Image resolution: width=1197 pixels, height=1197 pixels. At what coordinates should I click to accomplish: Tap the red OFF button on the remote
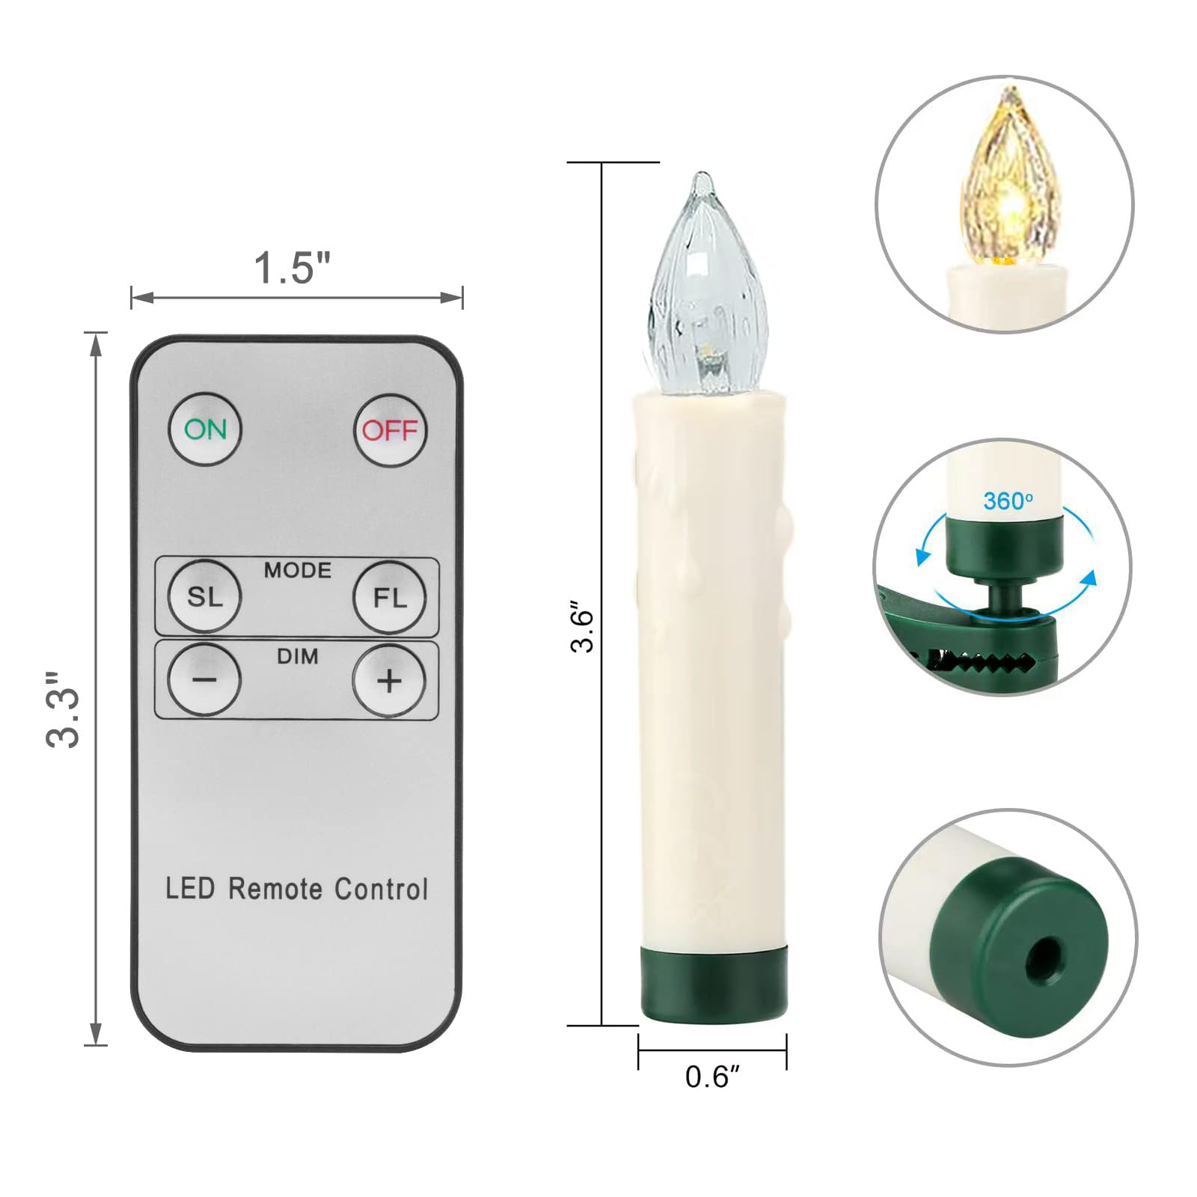click(x=390, y=430)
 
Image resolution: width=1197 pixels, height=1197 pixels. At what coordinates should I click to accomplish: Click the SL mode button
click(x=204, y=597)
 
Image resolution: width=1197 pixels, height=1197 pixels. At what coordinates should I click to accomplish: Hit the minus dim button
click(x=204, y=680)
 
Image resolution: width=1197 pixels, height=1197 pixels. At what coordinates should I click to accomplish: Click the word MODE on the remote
click(x=297, y=571)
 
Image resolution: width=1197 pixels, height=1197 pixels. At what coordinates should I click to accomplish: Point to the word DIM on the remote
click(x=297, y=657)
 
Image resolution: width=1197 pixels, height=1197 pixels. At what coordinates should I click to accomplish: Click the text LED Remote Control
click(x=296, y=889)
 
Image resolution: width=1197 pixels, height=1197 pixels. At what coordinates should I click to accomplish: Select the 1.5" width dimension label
click(x=292, y=268)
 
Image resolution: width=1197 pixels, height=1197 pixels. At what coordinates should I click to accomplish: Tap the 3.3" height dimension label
click(x=63, y=709)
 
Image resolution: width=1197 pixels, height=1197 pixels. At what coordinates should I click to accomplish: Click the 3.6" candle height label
click(x=582, y=627)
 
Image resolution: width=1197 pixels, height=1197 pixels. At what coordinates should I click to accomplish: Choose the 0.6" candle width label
click(x=711, y=1077)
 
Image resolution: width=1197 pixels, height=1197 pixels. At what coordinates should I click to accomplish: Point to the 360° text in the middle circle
click(x=1008, y=500)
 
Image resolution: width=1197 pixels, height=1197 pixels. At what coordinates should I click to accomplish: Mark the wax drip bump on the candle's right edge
click(x=783, y=524)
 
